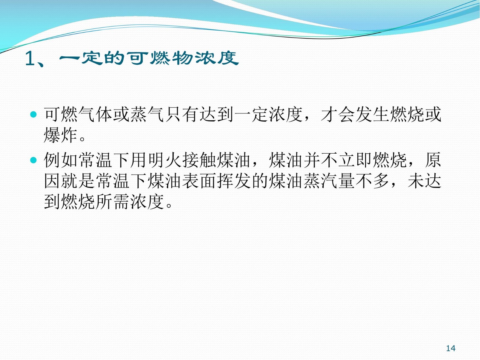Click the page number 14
click(x=451, y=348)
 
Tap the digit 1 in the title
click(x=30, y=58)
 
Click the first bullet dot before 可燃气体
click(x=34, y=114)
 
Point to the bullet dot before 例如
click(x=34, y=160)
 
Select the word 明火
click(x=165, y=160)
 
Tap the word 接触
click(x=199, y=160)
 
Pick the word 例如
click(x=61, y=160)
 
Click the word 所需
click(x=112, y=202)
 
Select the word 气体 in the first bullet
click(x=95, y=114)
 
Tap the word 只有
click(x=182, y=114)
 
